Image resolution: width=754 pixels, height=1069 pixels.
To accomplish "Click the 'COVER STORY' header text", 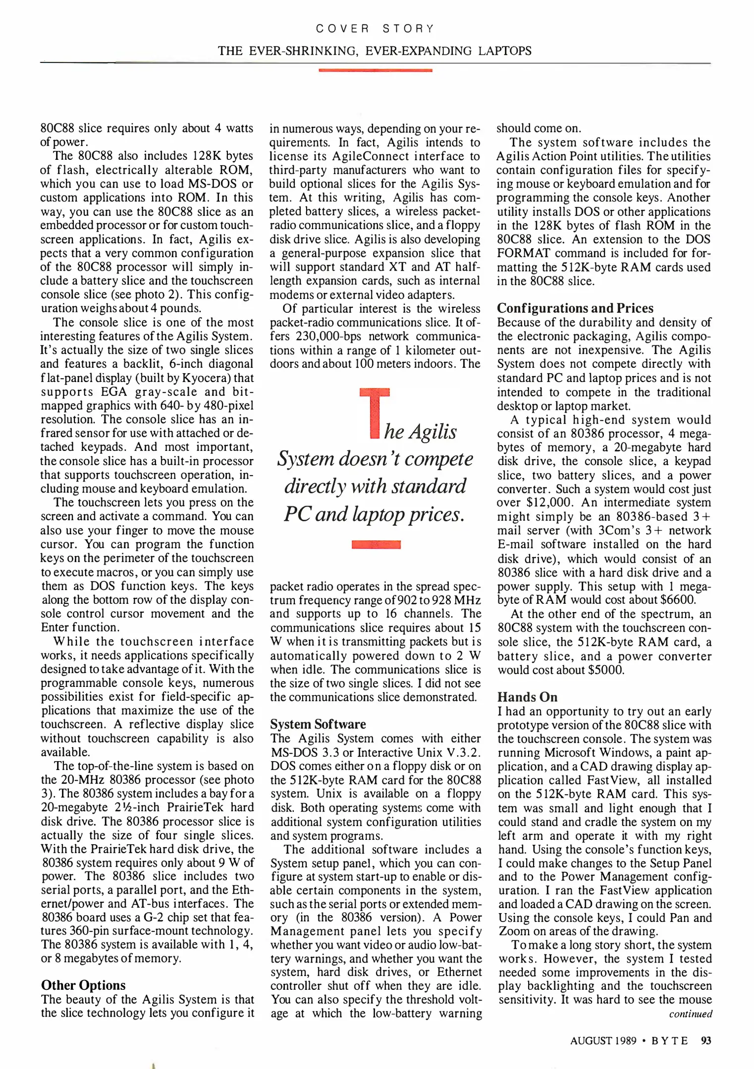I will pyautogui.click(x=375, y=29).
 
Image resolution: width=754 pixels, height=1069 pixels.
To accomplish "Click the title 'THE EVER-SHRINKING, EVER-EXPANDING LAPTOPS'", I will pyautogui.click(x=375, y=50).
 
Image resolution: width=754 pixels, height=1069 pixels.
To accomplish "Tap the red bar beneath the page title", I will pyautogui.click(x=375, y=70).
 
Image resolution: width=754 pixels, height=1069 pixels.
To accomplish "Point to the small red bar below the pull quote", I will pyautogui.click(x=376, y=545).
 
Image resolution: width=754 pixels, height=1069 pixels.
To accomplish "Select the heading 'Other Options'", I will pyautogui.click(x=83, y=984).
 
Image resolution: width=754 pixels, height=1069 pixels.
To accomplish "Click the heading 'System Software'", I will pyautogui.click(x=318, y=724).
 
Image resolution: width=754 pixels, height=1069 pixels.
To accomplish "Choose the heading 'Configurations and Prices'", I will pyautogui.click(x=575, y=308).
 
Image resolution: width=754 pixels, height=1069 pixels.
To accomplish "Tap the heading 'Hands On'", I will pyautogui.click(x=527, y=697).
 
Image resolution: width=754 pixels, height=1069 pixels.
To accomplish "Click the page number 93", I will pyautogui.click(x=706, y=1040).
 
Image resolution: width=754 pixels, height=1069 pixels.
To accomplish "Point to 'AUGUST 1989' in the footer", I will pyautogui.click(x=603, y=1040).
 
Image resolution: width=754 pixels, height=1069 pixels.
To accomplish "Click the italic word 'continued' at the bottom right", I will pyautogui.click(x=690, y=1014).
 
